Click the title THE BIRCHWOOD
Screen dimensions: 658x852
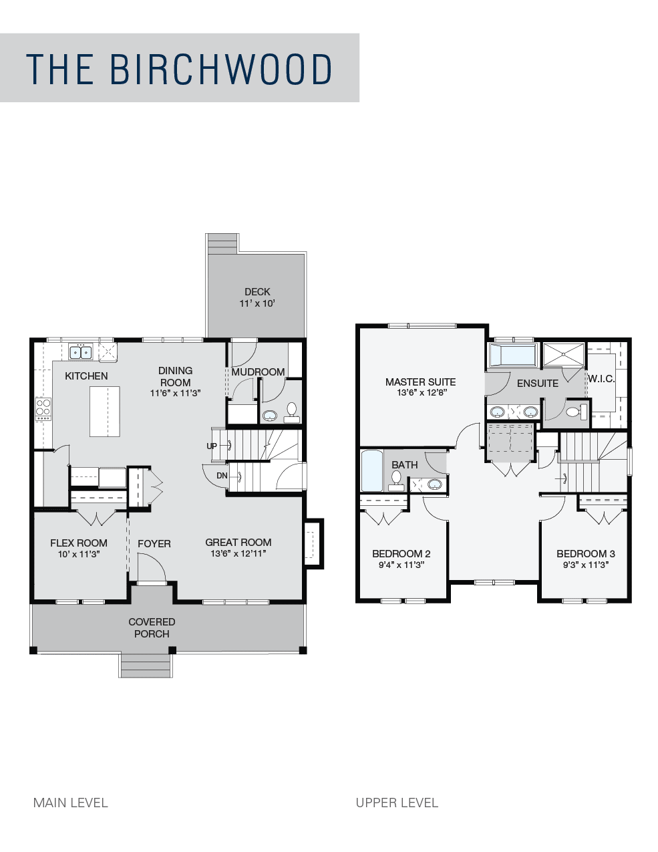click(179, 69)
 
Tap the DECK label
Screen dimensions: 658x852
click(257, 292)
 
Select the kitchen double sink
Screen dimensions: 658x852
click(81, 351)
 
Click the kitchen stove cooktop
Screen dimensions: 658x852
click(43, 409)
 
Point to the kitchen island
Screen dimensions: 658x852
click(105, 411)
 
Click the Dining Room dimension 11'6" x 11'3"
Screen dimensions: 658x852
click(175, 393)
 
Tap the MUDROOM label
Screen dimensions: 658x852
click(258, 372)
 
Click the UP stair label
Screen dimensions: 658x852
click(212, 446)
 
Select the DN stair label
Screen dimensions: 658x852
click(222, 476)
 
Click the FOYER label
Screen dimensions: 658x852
click(154, 544)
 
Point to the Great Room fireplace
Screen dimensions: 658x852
click(314, 544)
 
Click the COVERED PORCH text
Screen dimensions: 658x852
click(152, 627)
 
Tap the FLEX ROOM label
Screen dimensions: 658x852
click(79, 543)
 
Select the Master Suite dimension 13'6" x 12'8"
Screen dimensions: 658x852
click(421, 393)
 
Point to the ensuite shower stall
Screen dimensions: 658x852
click(564, 354)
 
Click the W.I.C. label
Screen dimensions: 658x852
click(601, 379)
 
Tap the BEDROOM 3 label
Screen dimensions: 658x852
click(586, 553)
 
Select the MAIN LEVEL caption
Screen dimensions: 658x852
click(71, 803)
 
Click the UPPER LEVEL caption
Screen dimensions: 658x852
click(397, 803)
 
